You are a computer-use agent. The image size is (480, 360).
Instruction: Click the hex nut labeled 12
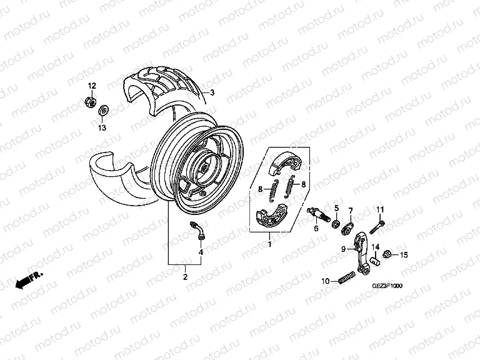(x=91, y=102)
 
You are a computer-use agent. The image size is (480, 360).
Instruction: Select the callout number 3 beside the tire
(x=212, y=92)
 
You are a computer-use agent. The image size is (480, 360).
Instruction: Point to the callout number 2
(x=185, y=277)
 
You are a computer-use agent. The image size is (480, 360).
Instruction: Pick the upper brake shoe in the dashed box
(x=284, y=165)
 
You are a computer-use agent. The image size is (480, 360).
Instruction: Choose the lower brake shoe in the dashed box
(x=271, y=216)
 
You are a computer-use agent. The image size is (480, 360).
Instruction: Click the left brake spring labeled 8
(x=274, y=191)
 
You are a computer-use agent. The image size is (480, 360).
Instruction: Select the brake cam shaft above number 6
(x=318, y=214)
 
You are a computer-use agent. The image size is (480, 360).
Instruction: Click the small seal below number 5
(x=336, y=223)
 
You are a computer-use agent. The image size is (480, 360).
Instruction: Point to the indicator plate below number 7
(x=347, y=229)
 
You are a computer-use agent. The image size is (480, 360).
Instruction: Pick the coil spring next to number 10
(x=347, y=277)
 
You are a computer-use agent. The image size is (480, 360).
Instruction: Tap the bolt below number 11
(x=377, y=227)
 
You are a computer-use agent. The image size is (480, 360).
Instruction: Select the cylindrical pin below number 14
(x=375, y=261)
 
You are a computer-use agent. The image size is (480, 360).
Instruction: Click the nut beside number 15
(x=387, y=254)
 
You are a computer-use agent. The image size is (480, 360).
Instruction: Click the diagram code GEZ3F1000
(x=387, y=286)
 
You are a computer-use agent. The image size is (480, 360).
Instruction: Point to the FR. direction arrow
(x=29, y=280)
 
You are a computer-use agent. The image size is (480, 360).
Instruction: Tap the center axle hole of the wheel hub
(x=203, y=168)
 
